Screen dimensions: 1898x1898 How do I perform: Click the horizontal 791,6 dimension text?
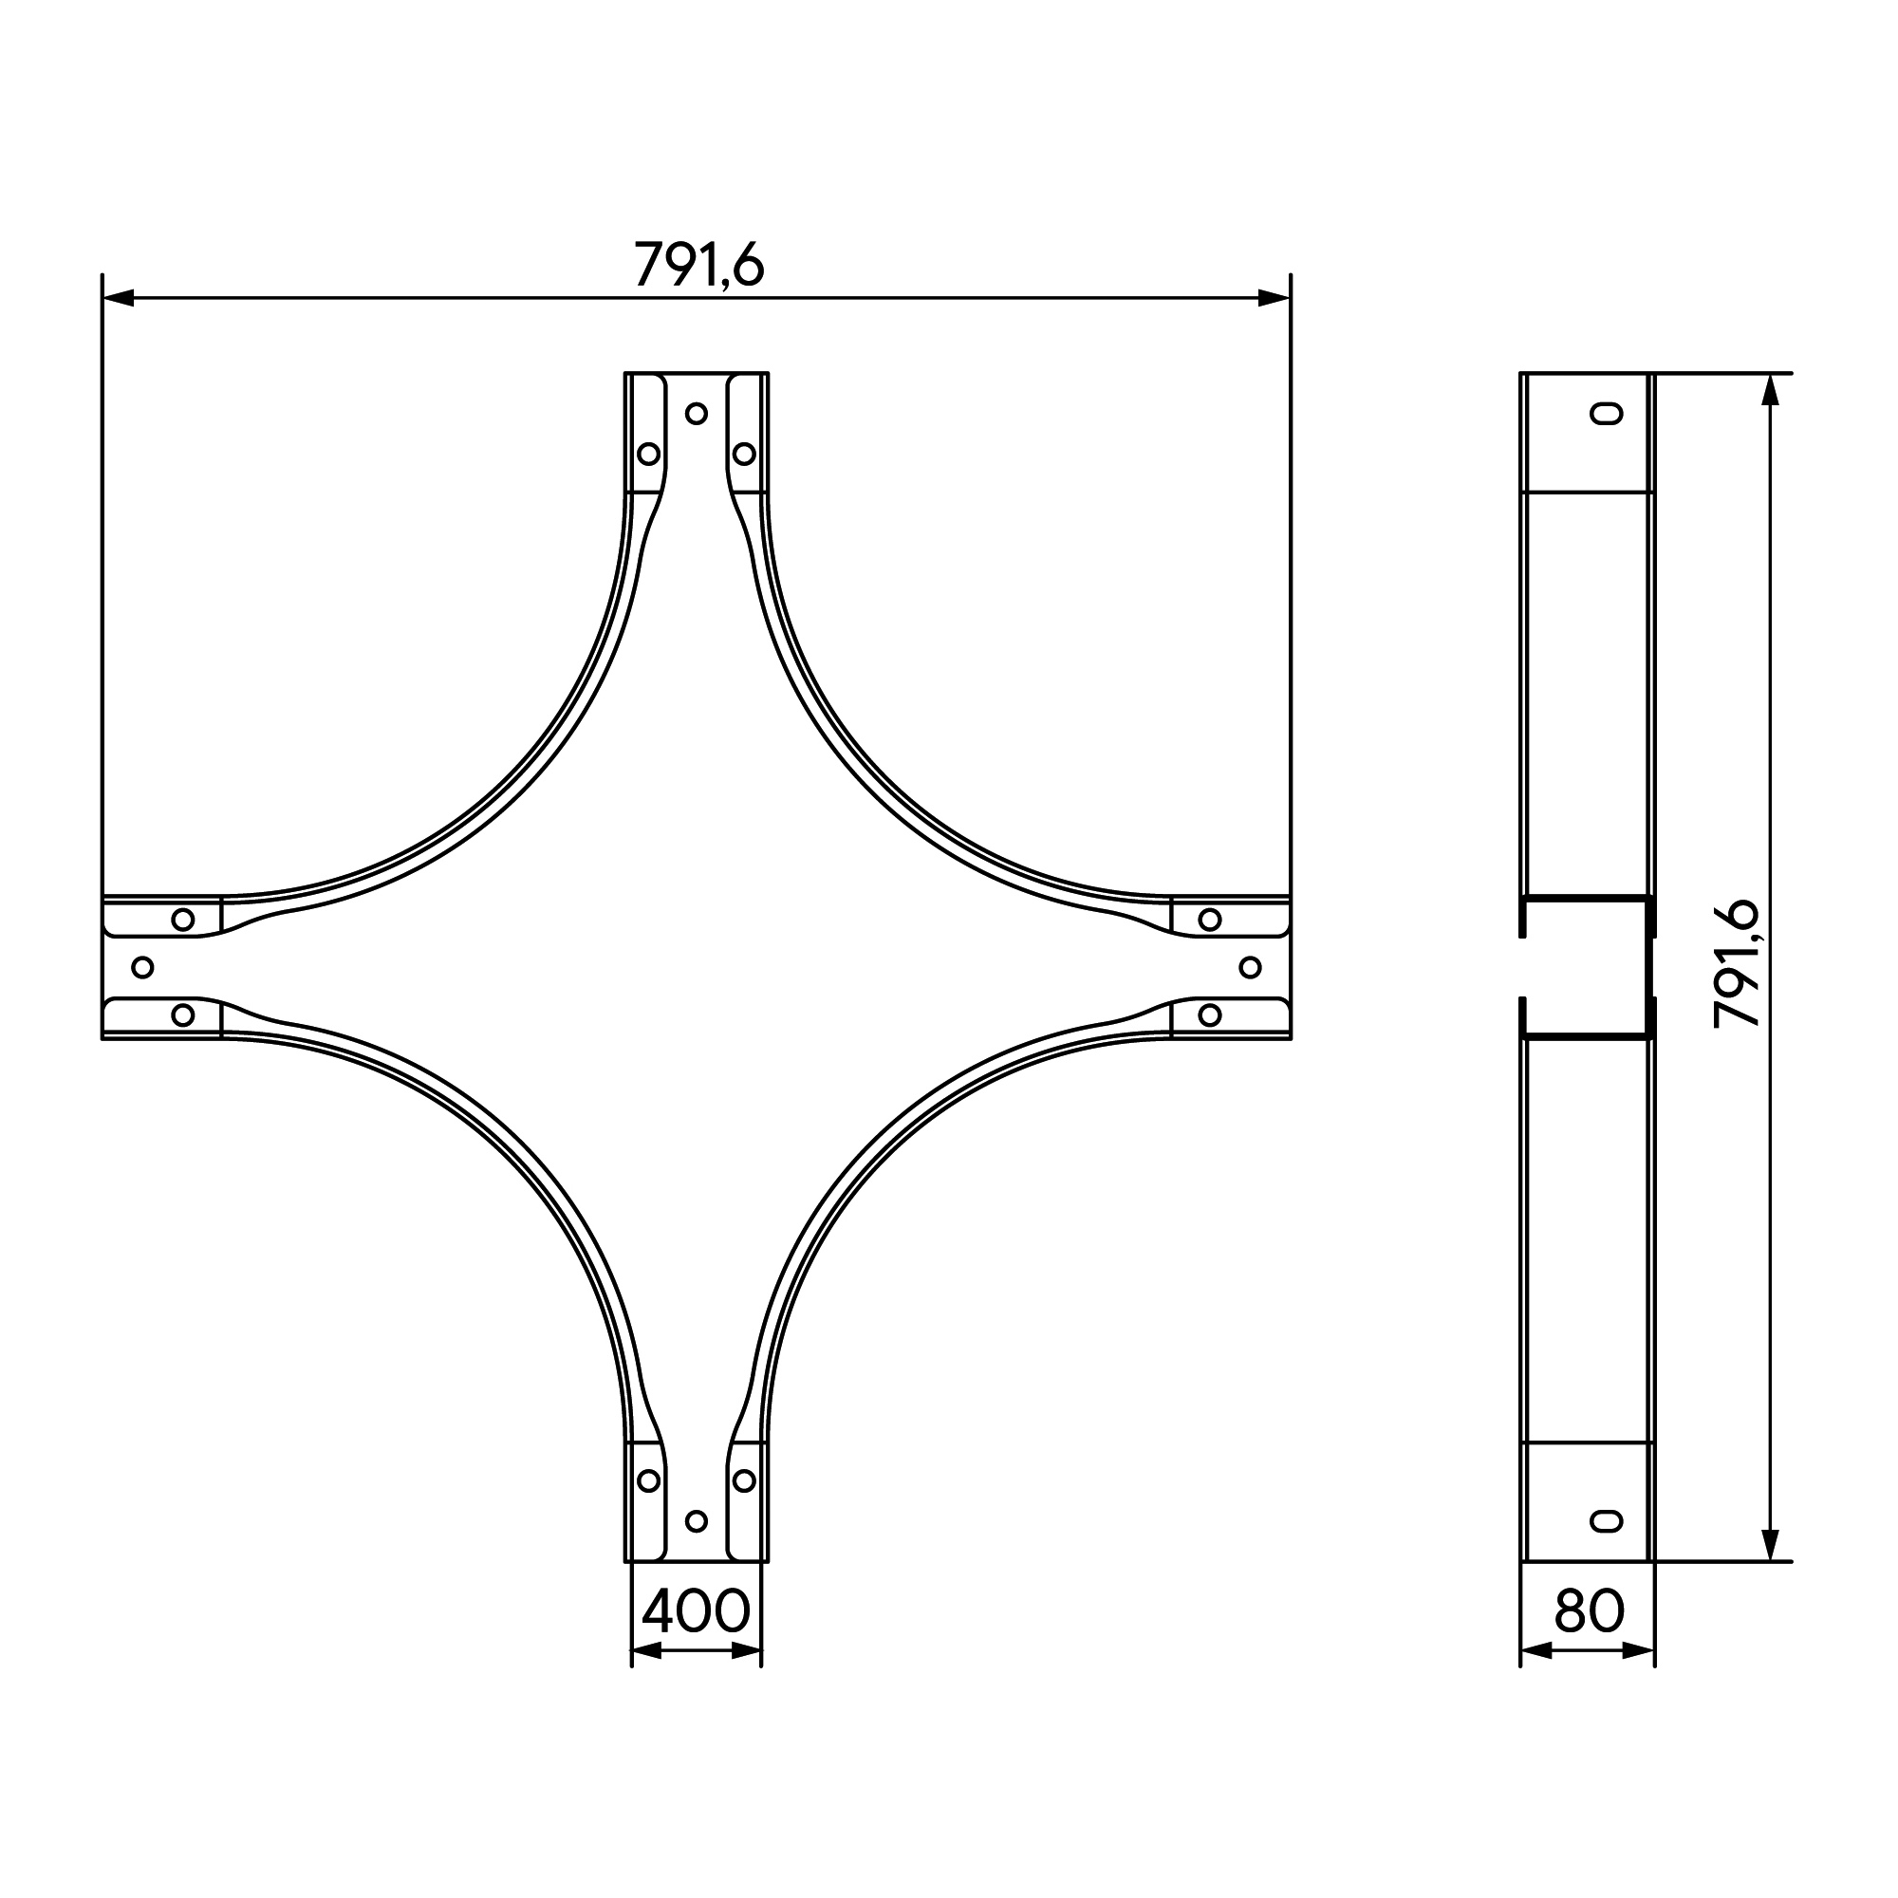point(698,264)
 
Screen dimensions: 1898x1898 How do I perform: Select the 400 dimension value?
point(697,1610)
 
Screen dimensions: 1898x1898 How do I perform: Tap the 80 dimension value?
point(1590,1610)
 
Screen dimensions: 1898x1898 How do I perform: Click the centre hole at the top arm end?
point(697,414)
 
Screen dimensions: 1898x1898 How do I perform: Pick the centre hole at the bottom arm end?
point(697,1520)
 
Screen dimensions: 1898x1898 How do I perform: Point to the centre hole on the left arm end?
point(142,968)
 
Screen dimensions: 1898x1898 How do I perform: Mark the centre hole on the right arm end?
point(1251,968)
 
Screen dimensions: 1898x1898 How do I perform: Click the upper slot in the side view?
point(1608,414)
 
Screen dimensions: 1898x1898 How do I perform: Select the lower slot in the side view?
point(1608,1520)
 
